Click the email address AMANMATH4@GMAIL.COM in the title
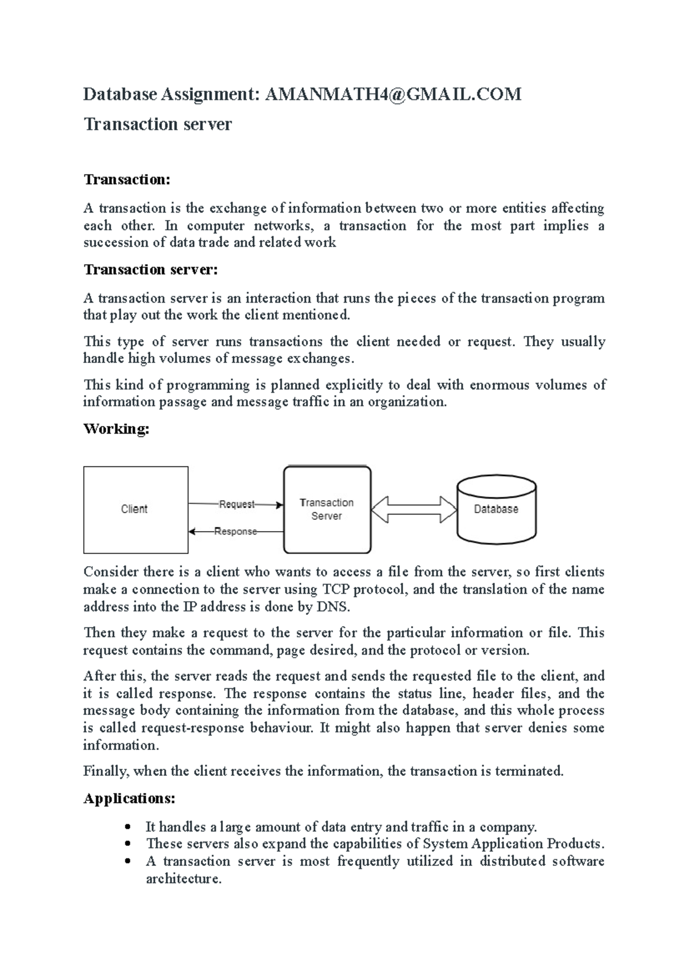point(393,94)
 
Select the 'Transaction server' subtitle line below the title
point(158,124)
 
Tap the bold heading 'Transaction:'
point(127,180)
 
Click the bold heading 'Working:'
point(117,429)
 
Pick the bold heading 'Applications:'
point(129,799)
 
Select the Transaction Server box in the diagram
point(327,509)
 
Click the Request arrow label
point(237,504)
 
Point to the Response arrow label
point(235,532)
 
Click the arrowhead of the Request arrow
point(280,505)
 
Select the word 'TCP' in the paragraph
point(335,590)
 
